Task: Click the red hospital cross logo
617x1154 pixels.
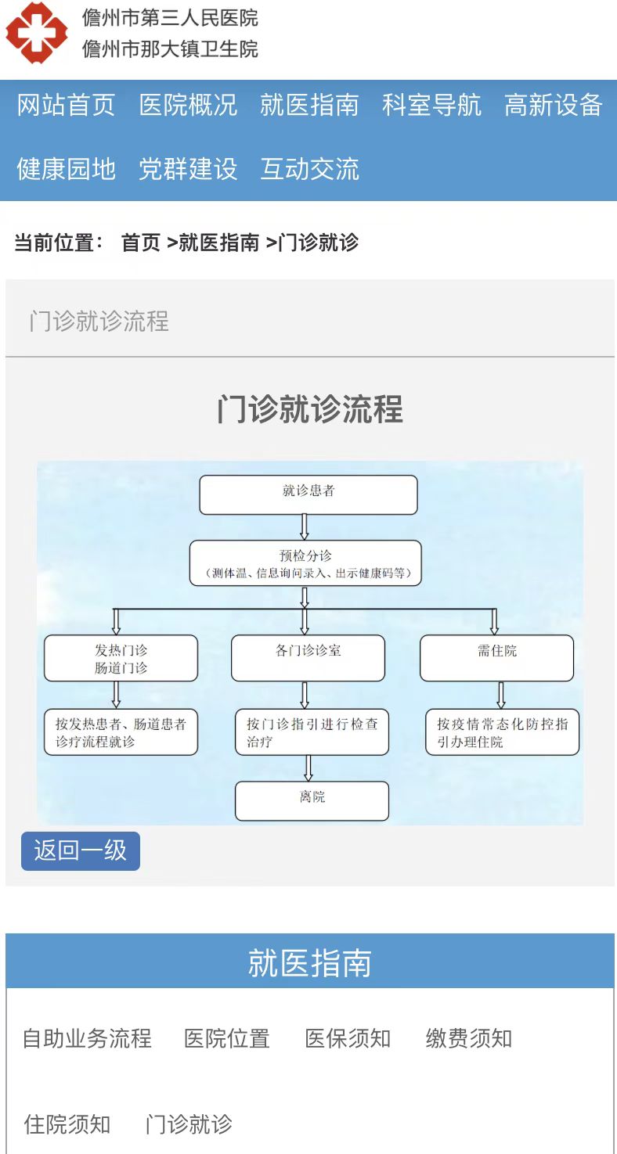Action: tap(36, 32)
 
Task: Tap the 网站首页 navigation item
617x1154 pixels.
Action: tap(66, 105)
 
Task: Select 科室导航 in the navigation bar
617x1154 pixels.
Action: tap(431, 105)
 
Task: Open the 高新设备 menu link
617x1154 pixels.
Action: tap(553, 105)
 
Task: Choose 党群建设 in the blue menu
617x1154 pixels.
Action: tap(188, 169)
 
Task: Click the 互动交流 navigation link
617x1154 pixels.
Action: tap(310, 169)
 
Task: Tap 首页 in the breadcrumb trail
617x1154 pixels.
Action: tap(141, 242)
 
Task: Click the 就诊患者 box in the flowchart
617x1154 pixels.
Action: tap(308, 494)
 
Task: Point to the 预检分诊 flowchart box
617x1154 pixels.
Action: tap(305, 563)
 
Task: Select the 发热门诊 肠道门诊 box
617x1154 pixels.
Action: tap(121, 658)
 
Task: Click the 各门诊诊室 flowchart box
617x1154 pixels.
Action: tap(308, 658)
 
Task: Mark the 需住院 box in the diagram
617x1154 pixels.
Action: tap(497, 658)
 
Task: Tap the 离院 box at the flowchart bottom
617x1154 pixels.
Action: tap(312, 800)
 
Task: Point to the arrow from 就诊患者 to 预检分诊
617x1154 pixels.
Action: tap(305, 527)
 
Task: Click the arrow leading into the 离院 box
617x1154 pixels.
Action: tap(308, 768)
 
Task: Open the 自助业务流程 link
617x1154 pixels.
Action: tap(87, 1038)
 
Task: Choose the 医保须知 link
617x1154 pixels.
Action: tap(348, 1038)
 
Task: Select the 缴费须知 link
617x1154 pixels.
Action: tap(469, 1038)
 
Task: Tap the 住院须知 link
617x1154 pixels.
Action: tap(67, 1123)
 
